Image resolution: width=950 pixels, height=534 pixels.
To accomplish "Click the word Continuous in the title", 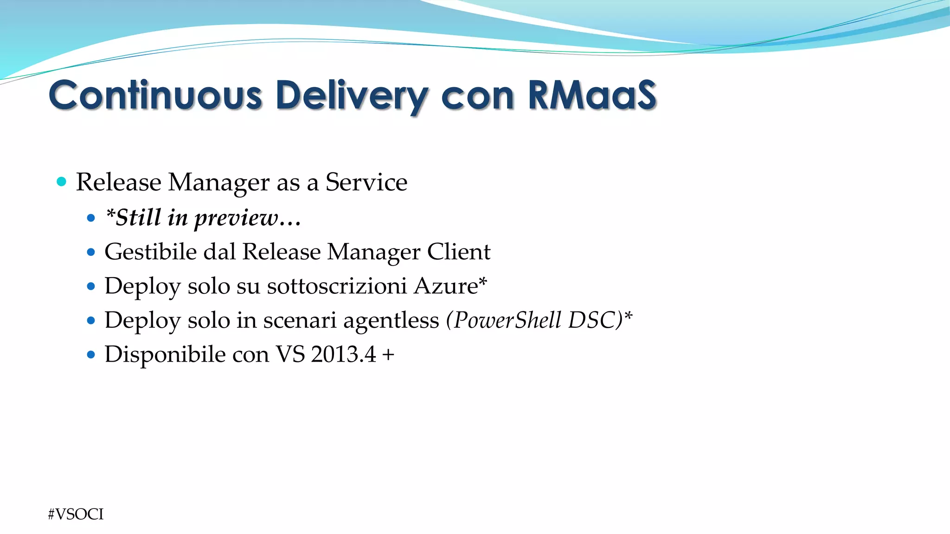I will pyautogui.click(x=155, y=95).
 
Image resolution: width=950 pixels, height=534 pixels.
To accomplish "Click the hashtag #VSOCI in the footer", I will pyautogui.click(x=76, y=514).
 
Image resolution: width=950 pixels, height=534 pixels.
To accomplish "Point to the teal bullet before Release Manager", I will pyautogui.click(x=61, y=181).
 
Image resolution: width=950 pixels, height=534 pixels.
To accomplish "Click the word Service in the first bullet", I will pyautogui.click(x=366, y=182).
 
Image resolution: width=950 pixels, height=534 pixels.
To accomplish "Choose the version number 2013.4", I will pyautogui.click(x=343, y=354).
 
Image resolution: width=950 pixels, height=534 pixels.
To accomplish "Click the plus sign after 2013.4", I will pyautogui.click(x=388, y=355).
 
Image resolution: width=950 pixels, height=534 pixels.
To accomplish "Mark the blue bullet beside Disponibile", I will pyautogui.click(x=91, y=355).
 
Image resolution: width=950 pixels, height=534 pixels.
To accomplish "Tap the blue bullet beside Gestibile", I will pyautogui.click(x=91, y=252).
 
